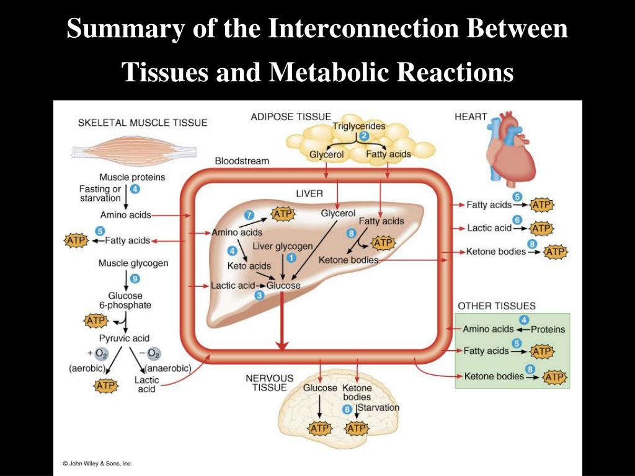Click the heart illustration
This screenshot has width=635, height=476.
point(511,146)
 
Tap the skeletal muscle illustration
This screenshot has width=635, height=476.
point(134,152)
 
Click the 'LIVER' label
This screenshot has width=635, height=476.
point(309,194)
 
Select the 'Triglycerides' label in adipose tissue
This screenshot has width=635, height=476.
point(359,126)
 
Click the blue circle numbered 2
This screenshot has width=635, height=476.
point(365,136)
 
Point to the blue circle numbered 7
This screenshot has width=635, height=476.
point(249,215)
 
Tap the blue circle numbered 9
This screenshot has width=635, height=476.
point(135,278)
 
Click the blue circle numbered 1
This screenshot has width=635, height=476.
point(291,258)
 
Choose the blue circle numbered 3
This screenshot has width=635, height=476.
point(259,296)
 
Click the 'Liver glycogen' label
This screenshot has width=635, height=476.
point(283,246)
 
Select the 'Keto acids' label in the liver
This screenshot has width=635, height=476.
point(249,266)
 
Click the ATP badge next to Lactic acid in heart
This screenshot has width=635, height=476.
point(541,229)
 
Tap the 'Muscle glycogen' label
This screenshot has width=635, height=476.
point(133,263)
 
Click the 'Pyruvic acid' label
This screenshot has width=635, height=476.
point(124,338)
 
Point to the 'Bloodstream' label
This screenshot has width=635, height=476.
point(242,161)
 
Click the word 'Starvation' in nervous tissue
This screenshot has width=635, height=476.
point(379,408)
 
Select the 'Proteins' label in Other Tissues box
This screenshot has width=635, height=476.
point(548,330)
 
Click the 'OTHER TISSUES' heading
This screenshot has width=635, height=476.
point(497,306)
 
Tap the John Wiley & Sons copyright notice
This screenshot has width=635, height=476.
point(97,464)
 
